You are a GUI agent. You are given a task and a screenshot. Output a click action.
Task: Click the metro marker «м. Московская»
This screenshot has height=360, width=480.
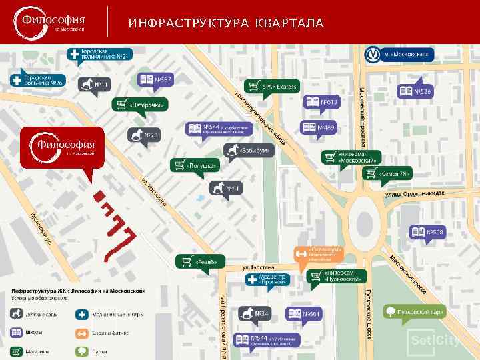click(399, 54)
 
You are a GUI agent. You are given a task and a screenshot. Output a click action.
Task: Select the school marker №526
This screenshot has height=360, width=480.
click(416, 91)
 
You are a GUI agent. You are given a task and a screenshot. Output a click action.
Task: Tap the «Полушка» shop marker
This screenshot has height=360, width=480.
click(196, 165)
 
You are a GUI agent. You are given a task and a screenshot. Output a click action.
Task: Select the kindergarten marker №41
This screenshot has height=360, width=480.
click(226, 189)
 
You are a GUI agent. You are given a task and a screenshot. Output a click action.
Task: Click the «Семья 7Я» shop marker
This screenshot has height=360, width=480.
click(387, 174)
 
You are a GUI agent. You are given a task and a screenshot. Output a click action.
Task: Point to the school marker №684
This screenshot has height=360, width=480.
click(305, 314)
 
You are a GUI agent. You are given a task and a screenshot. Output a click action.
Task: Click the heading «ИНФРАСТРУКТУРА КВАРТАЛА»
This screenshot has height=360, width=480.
click(226, 24)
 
